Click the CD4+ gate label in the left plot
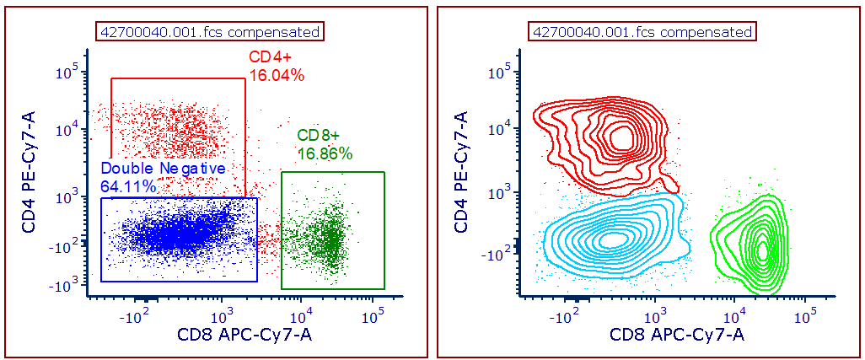(x=268, y=57)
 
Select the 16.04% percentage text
(x=276, y=75)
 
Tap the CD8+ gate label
(x=318, y=136)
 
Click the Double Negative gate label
(x=164, y=169)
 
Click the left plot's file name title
(x=210, y=32)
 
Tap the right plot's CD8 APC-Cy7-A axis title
(x=677, y=335)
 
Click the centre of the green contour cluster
(x=762, y=250)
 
